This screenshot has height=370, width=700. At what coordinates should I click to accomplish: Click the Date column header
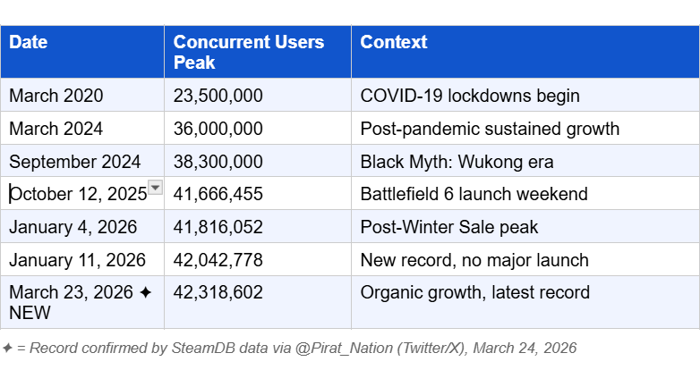(29, 42)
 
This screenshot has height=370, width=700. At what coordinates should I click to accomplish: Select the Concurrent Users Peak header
(249, 52)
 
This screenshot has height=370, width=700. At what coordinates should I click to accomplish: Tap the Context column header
(394, 42)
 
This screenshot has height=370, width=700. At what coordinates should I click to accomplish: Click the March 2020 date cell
(56, 96)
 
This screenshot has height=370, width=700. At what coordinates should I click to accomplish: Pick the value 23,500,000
(218, 96)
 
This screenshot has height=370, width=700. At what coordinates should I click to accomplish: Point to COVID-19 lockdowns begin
(470, 96)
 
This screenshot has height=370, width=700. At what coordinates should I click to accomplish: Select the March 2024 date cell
(56, 129)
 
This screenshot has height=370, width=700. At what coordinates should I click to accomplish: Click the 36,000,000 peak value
(218, 129)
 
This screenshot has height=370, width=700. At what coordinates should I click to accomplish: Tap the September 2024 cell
(75, 162)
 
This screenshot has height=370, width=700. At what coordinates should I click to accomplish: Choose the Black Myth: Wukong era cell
(457, 162)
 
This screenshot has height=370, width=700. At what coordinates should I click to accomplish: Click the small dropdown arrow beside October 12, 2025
(155, 187)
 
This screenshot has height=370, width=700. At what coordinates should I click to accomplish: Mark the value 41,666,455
(218, 194)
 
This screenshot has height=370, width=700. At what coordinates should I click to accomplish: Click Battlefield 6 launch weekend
(474, 194)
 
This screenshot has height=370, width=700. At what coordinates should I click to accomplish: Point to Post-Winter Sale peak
(449, 227)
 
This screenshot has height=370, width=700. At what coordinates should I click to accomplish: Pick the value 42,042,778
(218, 260)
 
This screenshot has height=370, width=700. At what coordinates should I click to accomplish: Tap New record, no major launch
(474, 260)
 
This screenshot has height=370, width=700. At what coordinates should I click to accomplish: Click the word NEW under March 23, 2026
(30, 313)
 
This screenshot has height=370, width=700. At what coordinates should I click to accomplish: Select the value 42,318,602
(218, 292)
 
